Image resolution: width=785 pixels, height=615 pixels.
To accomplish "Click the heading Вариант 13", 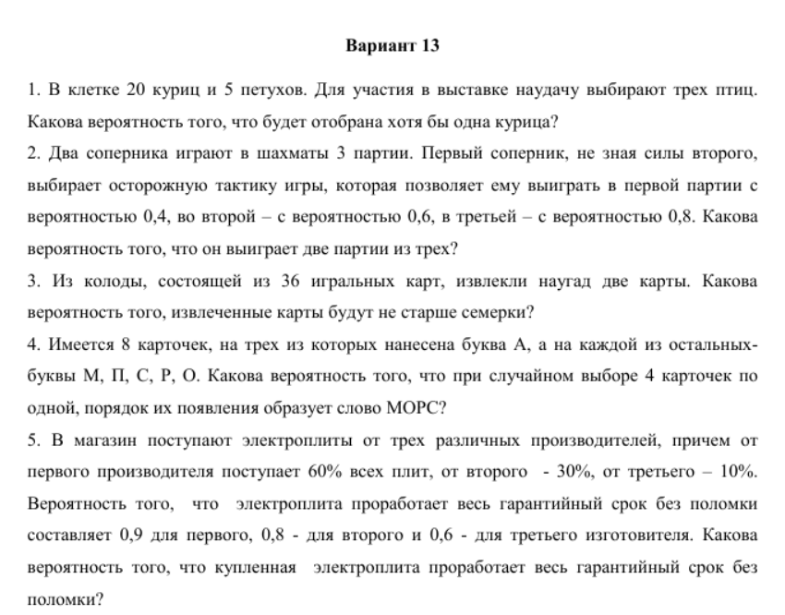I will point(392,45).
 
